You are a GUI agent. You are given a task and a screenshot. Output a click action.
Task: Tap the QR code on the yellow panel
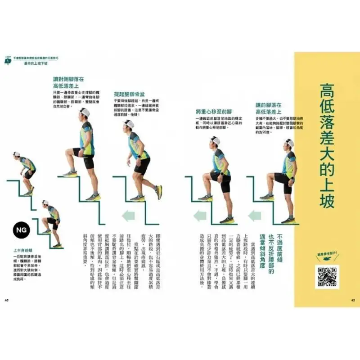(x=327, y=277)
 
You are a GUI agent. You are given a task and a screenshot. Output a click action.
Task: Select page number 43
(x=6, y=300)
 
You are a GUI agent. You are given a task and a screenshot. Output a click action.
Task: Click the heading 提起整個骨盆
(x=130, y=94)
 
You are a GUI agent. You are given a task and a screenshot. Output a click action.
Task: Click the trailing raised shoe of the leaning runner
(x=159, y=192)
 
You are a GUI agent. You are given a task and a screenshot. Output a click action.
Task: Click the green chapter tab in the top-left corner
(x=7, y=59)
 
